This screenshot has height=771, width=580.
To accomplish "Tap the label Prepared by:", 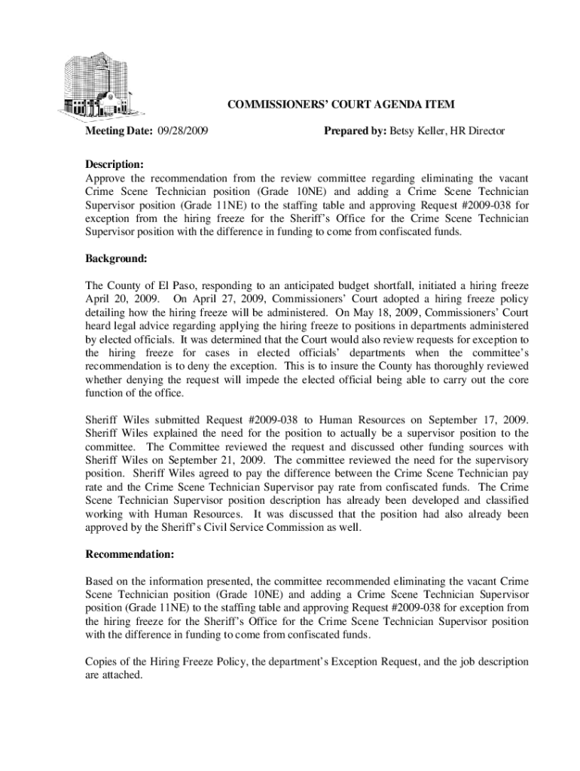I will click(x=355, y=132).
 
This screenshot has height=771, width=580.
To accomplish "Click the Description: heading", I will click(x=114, y=164).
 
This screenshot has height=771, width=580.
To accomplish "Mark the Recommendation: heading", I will click(x=130, y=555).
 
